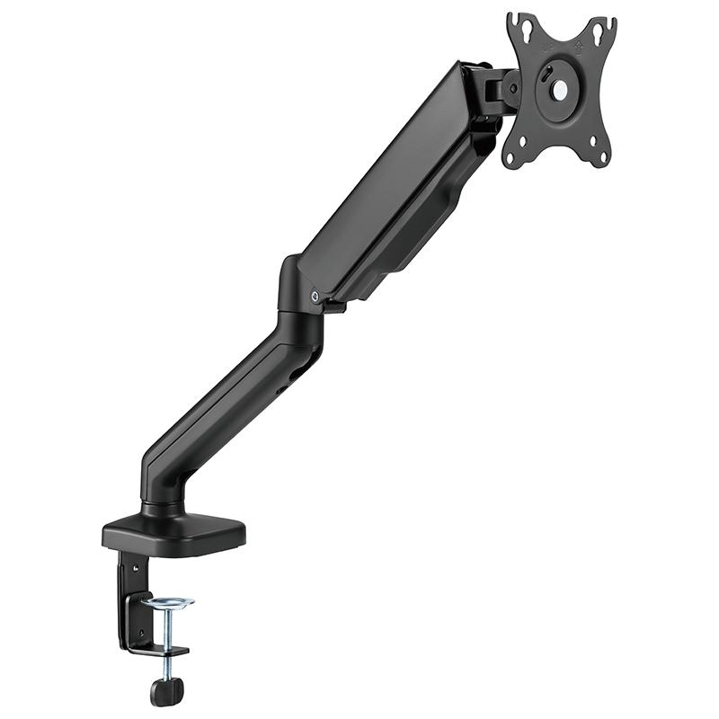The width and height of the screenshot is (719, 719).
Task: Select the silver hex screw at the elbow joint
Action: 313,296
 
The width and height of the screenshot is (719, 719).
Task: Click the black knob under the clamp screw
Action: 166,689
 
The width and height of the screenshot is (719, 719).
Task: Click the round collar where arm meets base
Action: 164,508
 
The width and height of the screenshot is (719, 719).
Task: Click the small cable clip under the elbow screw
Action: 335,308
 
